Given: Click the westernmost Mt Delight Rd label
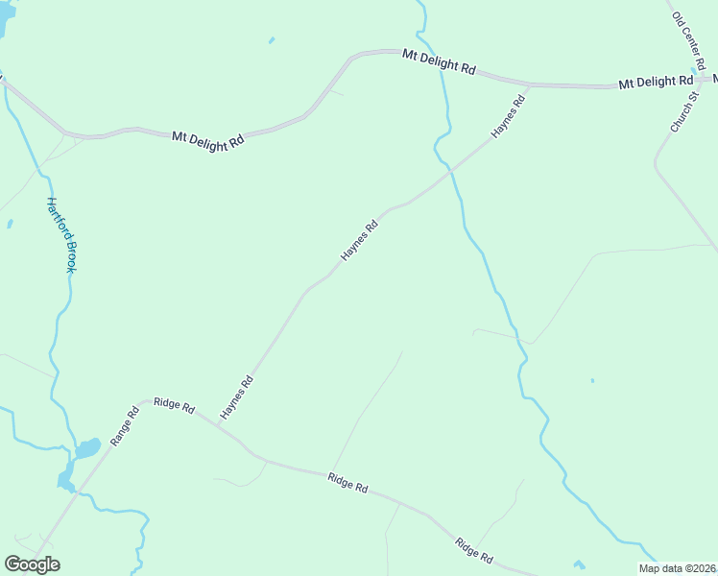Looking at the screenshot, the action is click(x=208, y=139).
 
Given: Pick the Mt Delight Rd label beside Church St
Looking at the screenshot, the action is click(x=656, y=83).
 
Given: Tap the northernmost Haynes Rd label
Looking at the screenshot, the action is click(x=509, y=116).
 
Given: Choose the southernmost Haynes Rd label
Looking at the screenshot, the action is click(x=236, y=396).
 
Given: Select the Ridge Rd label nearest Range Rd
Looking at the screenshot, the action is click(x=176, y=408).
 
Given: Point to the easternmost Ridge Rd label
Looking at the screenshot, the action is click(x=474, y=550).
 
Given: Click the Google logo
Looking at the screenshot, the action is click(x=32, y=564).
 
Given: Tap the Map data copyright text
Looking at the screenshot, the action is click(x=677, y=568).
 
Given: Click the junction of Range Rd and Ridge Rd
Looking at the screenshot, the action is click(x=146, y=400).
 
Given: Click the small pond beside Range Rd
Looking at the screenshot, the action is click(x=86, y=448).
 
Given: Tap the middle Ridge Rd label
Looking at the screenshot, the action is click(x=347, y=482).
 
